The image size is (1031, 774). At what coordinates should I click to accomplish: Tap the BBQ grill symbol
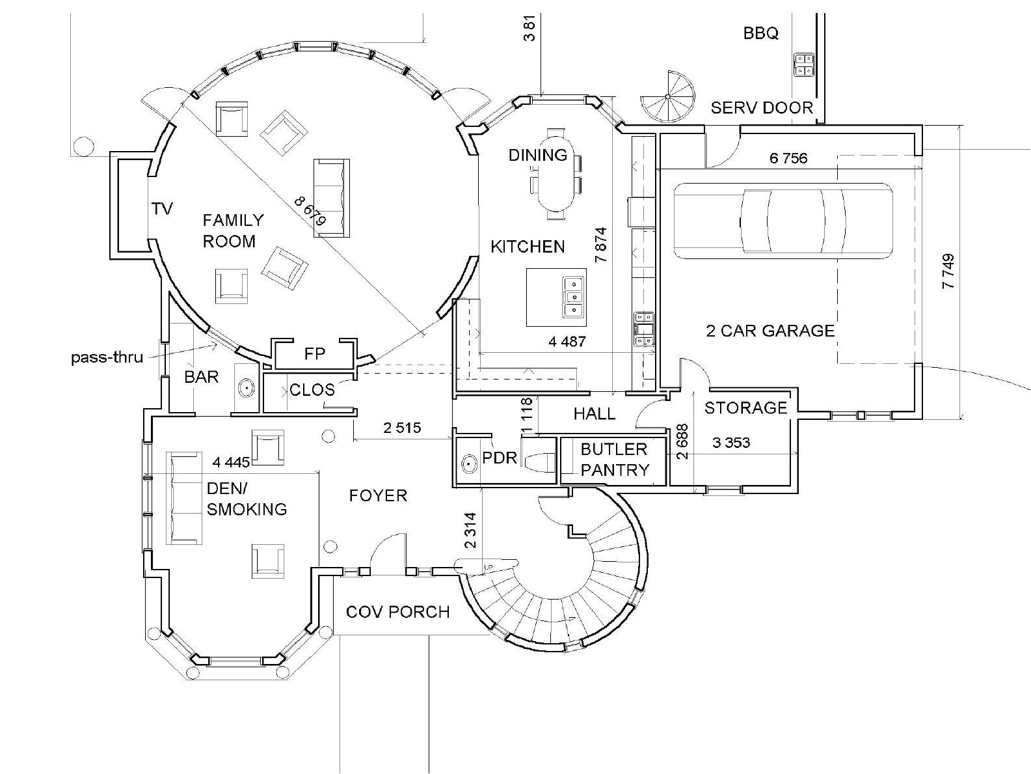804,64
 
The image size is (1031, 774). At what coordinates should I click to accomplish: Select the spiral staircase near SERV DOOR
668,98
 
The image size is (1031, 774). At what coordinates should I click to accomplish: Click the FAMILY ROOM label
232,231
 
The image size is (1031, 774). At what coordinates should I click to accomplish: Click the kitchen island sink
572,297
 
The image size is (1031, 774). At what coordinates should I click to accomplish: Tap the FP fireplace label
314,354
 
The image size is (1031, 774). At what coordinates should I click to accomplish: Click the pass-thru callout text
107,357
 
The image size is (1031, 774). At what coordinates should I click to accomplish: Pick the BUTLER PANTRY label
615,460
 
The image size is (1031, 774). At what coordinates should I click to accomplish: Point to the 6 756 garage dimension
788,158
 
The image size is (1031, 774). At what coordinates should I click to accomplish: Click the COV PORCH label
397,612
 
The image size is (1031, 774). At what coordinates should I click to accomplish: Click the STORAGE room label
745,408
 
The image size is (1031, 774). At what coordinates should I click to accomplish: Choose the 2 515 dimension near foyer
401,428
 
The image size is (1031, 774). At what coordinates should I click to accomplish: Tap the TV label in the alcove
162,208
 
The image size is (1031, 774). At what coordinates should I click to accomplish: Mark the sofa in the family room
332,197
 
